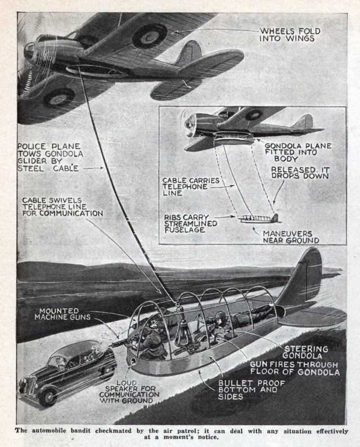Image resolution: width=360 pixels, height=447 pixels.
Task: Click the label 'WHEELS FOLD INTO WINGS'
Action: tap(290, 34)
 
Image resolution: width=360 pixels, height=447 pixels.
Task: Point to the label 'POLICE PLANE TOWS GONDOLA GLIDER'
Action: tap(49, 157)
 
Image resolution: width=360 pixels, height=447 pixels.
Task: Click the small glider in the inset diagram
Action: tap(259, 218)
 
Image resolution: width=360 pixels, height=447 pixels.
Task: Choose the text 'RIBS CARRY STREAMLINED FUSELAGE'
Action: tap(190, 223)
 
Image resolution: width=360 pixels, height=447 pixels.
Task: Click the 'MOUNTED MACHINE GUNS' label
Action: tap(58, 314)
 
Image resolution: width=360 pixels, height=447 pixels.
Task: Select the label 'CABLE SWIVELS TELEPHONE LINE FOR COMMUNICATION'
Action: tap(62, 207)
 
